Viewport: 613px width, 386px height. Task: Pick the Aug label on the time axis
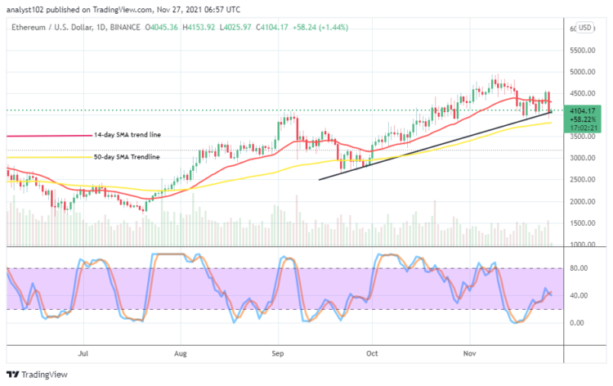181,355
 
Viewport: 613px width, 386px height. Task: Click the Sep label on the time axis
277,355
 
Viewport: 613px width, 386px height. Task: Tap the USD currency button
584,29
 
